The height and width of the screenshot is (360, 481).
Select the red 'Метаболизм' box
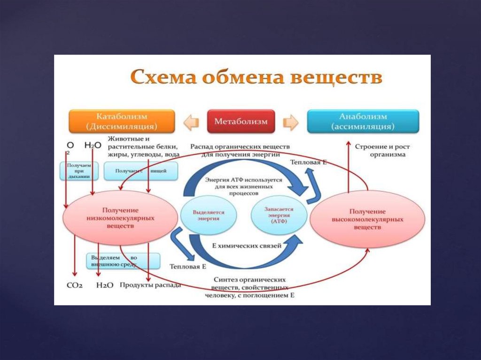pos(241,122)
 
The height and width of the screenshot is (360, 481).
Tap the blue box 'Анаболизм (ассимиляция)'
pos(363,122)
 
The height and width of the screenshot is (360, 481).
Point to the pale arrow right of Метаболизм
pos(291,122)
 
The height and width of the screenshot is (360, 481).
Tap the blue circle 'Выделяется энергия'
pos(209,215)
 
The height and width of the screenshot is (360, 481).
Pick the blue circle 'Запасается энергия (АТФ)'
pos(279,215)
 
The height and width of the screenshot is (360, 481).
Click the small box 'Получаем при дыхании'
pos(79,171)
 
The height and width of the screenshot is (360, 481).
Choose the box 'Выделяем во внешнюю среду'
pos(123,261)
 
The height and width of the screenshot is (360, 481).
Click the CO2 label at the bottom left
pos(74,285)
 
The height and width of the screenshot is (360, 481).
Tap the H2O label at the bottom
pos(105,285)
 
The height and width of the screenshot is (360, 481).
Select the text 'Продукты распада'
pos(150,285)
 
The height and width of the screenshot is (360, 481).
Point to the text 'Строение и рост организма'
pos(380,150)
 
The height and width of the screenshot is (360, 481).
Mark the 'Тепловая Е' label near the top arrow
pos(308,162)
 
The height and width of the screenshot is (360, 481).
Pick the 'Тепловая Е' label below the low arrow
pos(188,267)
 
